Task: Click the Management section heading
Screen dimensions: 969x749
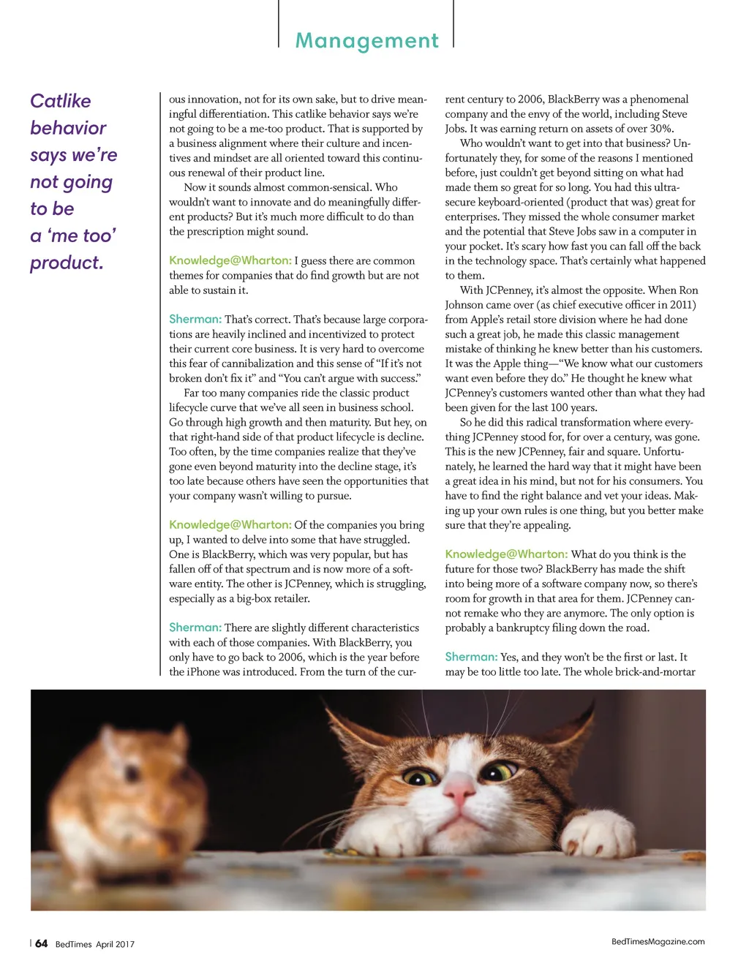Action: [x=366, y=41]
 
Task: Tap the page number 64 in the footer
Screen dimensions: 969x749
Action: [x=42, y=943]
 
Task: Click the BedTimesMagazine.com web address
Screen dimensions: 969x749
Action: [x=658, y=942]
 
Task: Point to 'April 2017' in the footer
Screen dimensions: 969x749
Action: [x=115, y=944]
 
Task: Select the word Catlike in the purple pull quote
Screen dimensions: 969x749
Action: [x=61, y=101]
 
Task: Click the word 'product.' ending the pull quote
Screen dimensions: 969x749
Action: [x=67, y=263]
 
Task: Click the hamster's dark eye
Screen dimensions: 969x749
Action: [x=132, y=772]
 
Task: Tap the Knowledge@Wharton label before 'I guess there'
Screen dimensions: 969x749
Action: [x=230, y=260]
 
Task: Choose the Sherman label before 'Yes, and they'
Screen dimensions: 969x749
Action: [x=471, y=657]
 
